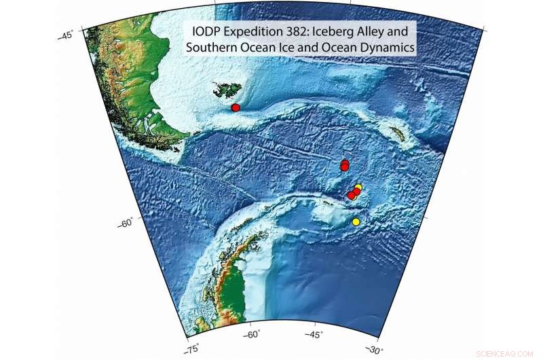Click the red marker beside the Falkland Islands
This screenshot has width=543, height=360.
point(236,108)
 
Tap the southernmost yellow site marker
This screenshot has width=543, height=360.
point(356,222)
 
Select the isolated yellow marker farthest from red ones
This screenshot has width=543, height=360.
point(356,222)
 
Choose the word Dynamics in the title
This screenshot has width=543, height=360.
point(386,48)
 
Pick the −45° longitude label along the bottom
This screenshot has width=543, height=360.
point(313,334)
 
